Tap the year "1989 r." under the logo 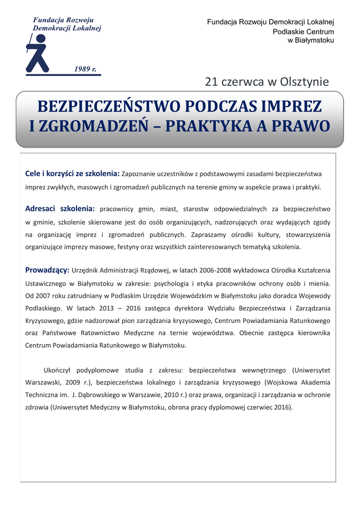[85, 68]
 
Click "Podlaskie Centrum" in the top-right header [303, 31]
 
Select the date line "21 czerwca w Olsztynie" [267, 82]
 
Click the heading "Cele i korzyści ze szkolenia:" [72, 174]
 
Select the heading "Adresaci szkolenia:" [60, 209]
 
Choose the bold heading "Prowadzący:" [47, 270]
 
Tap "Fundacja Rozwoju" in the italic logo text [63, 20]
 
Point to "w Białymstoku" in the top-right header [311, 40]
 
